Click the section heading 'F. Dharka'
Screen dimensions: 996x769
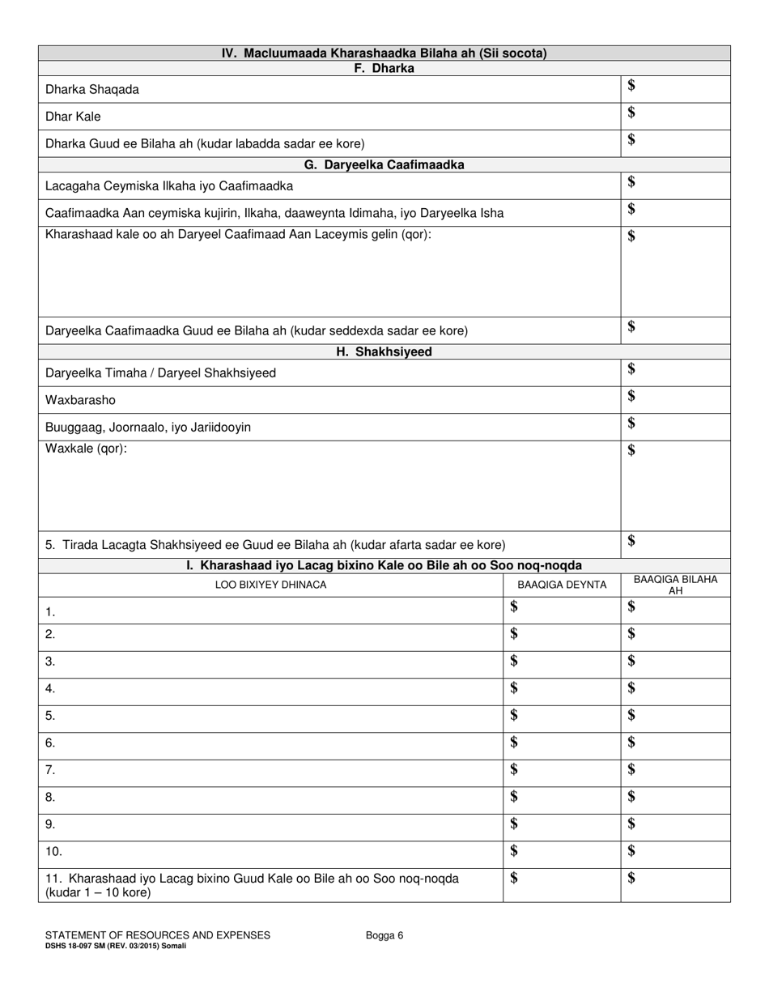[x=384, y=69]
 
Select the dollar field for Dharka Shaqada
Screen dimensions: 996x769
[x=675, y=88]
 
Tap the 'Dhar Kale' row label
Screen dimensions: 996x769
[x=73, y=117]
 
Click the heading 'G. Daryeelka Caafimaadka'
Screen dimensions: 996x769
[x=384, y=164]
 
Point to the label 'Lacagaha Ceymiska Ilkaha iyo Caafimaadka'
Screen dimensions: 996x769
[x=169, y=186]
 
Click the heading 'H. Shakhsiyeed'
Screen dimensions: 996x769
[x=384, y=352]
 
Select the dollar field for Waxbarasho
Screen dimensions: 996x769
[x=675, y=399]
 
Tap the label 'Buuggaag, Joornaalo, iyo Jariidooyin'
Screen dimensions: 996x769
[x=148, y=428]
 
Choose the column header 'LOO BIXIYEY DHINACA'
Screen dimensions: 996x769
[x=270, y=585]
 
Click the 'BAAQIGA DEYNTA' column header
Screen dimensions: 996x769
[x=562, y=585]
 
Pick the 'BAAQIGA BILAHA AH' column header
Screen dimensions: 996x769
[x=675, y=585]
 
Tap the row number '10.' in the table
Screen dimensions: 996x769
[x=53, y=852]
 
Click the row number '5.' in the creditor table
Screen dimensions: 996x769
[x=50, y=717]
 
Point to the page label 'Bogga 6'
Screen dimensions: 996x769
[x=384, y=935]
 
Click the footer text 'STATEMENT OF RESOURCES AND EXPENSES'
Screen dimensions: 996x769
[x=158, y=935]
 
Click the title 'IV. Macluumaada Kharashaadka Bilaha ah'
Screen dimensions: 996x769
[x=384, y=53]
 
